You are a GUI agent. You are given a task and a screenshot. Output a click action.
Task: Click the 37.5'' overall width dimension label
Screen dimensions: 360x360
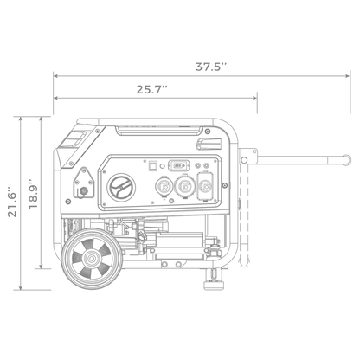tap(211, 66)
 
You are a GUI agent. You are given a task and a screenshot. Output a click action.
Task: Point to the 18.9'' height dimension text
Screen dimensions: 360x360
tap(34, 192)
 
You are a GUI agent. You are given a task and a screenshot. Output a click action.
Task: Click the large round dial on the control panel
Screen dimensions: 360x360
tap(122, 186)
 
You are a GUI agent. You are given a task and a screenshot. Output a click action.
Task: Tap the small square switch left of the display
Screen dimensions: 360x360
tap(153, 162)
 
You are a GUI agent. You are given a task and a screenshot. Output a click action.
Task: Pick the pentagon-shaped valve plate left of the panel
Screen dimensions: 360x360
tap(84, 184)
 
